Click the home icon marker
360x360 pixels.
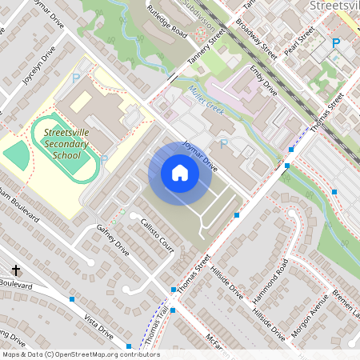pyautogui.click(x=179, y=173)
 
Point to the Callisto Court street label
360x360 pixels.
pyautogui.click(x=158, y=234)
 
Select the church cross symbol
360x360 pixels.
pyautogui.click(x=16, y=270)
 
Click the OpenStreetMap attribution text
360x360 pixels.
pyautogui.click(x=80, y=354)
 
